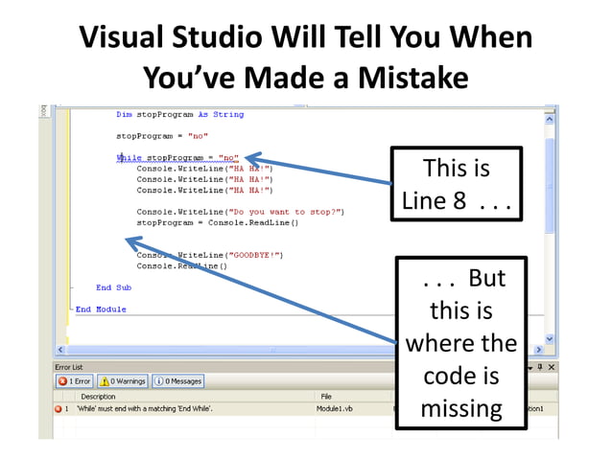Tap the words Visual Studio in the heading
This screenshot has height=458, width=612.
pyautogui.click(x=172, y=37)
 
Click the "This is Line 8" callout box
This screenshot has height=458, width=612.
pyautogui.click(x=456, y=185)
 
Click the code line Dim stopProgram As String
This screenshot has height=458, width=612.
pyautogui.click(x=179, y=115)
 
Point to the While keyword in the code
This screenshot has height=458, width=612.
pyautogui.click(x=128, y=157)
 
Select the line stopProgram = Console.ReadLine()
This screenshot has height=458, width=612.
pyautogui.click(x=218, y=222)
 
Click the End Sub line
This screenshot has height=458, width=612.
pyautogui.click(x=113, y=287)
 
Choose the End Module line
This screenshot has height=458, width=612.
pyautogui.click(x=101, y=309)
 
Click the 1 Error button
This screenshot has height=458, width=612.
pyautogui.click(x=75, y=381)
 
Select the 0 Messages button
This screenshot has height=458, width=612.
pyautogui.click(x=177, y=381)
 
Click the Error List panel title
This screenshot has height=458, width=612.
pyautogui.click(x=70, y=367)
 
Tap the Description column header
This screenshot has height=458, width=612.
pyautogui.click(x=98, y=396)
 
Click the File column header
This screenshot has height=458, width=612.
pyautogui.click(x=326, y=396)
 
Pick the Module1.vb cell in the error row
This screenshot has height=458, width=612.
pyautogui.click(x=335, y=408)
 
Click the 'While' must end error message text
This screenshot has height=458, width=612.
pyautogui.click(x=145, y=408)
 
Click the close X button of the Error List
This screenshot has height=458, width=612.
pyautogui.click(x=551, y=367)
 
